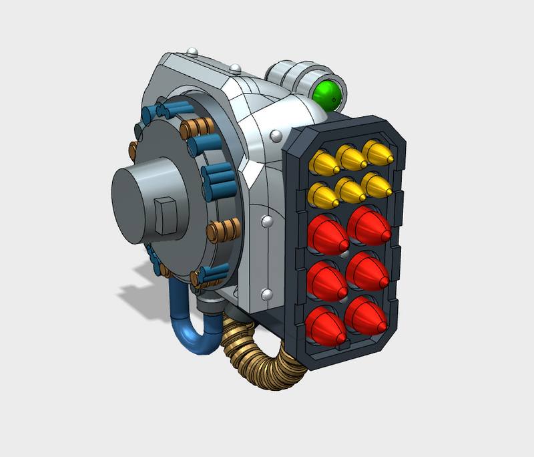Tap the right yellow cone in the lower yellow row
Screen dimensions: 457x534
376,186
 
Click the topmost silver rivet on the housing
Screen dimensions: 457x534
192,51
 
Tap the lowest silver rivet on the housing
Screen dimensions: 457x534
267,294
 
